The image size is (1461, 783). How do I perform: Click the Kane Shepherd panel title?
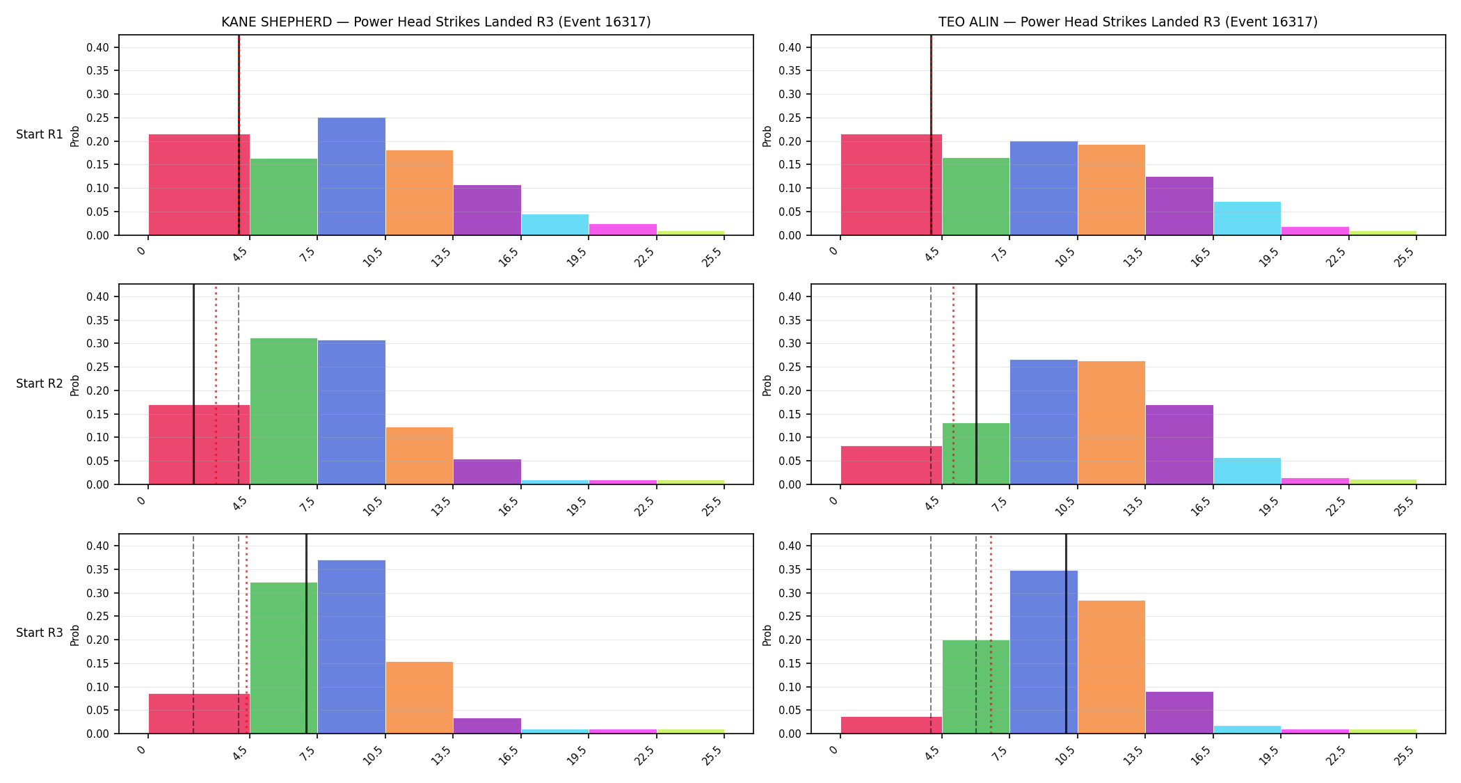coord(436,22)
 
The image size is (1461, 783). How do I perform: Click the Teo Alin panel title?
coord(1128,22)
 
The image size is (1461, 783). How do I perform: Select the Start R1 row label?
coord(40,134)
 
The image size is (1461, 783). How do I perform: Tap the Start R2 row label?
coord(40,383)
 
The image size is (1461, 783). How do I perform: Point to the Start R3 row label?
coord(40,633)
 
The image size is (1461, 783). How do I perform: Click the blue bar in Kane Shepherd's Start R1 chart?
coord(351,176)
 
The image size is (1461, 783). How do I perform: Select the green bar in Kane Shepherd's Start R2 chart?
coord(284,411)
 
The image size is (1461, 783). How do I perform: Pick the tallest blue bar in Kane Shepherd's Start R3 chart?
coord(351,647)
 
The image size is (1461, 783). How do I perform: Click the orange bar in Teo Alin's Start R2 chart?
coord(1112,422)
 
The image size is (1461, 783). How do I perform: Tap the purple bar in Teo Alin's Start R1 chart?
coord(1179,206)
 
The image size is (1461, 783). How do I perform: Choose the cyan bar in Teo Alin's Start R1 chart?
coord(1247,219)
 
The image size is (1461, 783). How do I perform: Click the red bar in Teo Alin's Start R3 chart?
coord(891,725)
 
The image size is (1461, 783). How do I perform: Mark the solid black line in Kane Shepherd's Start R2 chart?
coord(193,384)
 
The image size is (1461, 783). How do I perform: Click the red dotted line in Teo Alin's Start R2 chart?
coord(953,384)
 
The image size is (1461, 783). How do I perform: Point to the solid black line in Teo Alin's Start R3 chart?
coord(1066,633)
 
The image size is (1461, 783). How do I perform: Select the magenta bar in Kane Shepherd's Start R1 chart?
coord(623,230)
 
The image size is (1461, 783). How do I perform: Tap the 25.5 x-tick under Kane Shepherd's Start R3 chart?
coord(712,756)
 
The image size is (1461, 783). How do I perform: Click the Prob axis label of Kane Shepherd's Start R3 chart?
coord(75,635)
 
